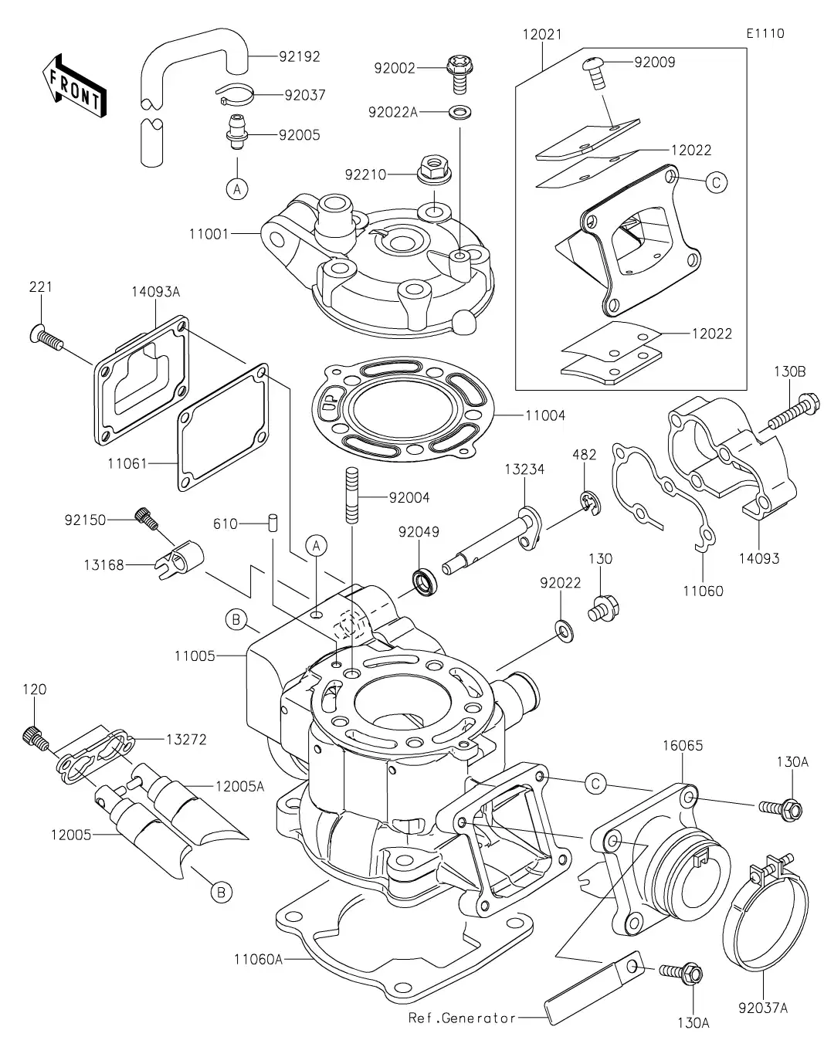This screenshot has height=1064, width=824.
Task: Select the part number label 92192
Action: (x=300, y=56)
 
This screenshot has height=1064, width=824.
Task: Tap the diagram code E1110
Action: (x=765, y=33)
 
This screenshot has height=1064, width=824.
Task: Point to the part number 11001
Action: (x=208, y=232)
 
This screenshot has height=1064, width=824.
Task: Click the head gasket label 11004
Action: (x=545, y=415)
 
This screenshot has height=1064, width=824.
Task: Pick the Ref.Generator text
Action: (x=462, y=1018)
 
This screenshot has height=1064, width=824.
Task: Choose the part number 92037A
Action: (x=763, y=1007)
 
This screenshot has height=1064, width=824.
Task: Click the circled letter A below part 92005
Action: (x=237, y=188)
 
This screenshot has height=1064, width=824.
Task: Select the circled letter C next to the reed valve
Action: (x=716, y=182)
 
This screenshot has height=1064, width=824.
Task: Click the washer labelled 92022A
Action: (x=460, y=113)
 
